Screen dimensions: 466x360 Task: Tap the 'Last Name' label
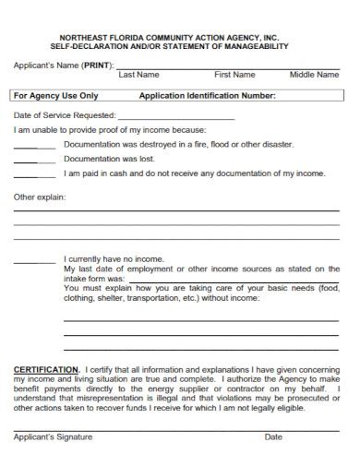[x=139, y=74]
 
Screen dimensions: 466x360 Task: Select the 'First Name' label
[x=234, y=74]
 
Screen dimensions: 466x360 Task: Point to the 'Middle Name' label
[x=314, y=74]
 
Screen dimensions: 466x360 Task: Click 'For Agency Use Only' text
[x=55, y=95]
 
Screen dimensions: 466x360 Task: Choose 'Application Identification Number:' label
[x=207, y=95]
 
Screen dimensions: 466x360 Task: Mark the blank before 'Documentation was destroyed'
[x=35, y=146]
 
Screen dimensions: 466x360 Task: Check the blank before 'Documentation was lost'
[x=35, y=160]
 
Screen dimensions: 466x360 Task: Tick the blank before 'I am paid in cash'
[x=35, y=174]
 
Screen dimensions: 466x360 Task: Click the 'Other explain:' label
[x=40, y=197]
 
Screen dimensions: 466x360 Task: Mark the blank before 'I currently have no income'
[x=35, y=261]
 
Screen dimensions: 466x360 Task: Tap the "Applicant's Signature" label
[x=52, y=437]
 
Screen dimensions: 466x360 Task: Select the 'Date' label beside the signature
[x=273, y=437]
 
